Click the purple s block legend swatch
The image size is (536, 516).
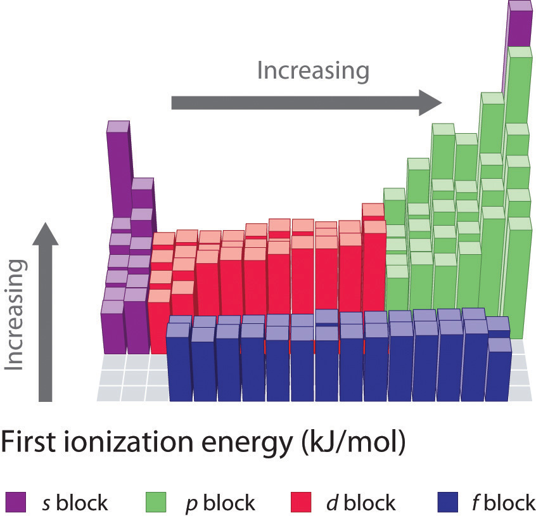click(x=16, y=503)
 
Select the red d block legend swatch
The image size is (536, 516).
click(x=300, y=503)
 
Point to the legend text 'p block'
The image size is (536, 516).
click(x=215, y=503)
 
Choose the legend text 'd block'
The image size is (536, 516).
click(x=357, y=503)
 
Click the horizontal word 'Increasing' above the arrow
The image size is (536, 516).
click(x=313, y=70)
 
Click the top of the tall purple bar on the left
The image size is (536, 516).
click(x=118, y=126)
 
